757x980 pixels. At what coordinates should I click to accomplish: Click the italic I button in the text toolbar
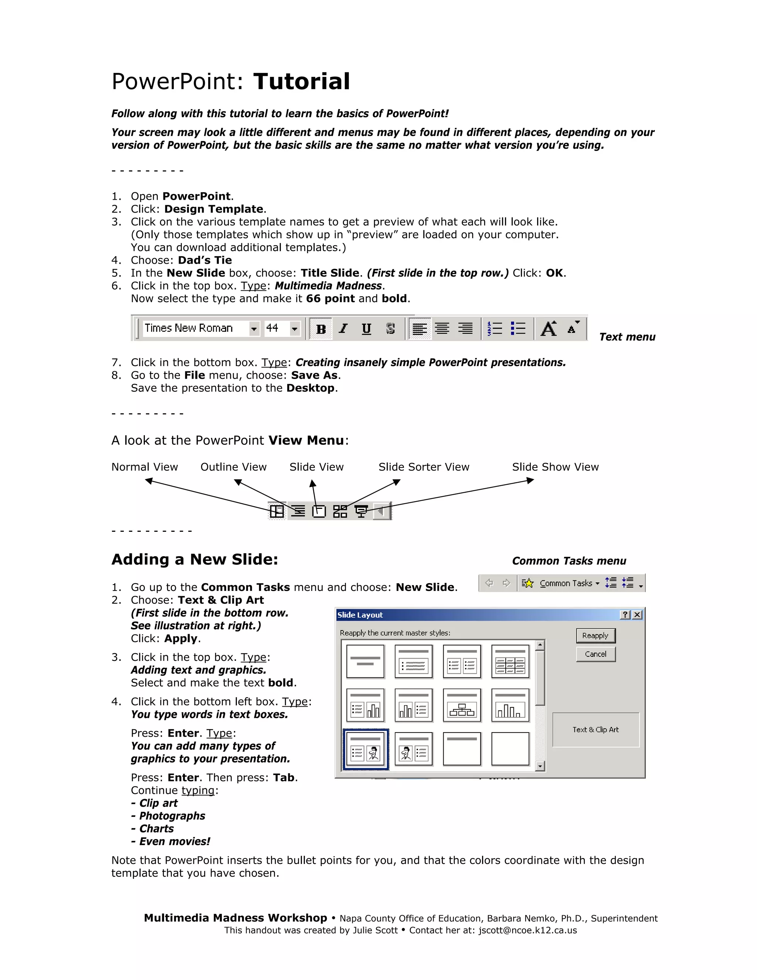343,329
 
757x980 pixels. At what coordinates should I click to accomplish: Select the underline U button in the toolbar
366,329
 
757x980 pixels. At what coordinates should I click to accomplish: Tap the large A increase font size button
549,328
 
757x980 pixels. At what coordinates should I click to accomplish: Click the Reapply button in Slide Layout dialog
595,635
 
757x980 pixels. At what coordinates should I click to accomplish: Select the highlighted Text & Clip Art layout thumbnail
365,749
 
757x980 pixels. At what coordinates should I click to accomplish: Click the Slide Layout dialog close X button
637,615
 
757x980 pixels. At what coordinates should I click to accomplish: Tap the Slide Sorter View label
424,467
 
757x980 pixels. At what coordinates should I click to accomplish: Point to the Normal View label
145,467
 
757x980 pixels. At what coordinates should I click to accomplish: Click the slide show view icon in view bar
361,511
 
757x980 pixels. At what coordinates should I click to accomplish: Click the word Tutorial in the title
301,82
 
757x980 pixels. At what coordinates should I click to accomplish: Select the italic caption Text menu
627,337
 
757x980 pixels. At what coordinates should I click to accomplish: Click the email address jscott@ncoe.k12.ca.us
527,930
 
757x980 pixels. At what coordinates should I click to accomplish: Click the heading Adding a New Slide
195,560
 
